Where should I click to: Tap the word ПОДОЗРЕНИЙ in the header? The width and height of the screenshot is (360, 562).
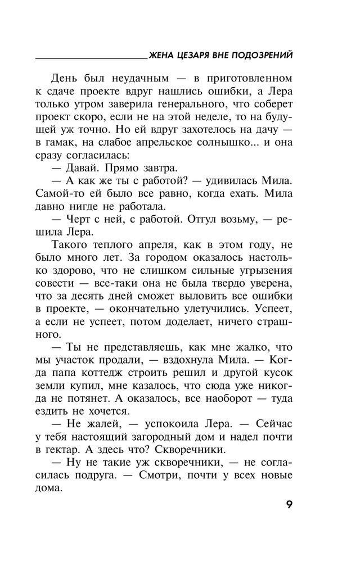click(263, 55)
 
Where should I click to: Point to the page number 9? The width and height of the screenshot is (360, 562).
click(288, 504)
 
